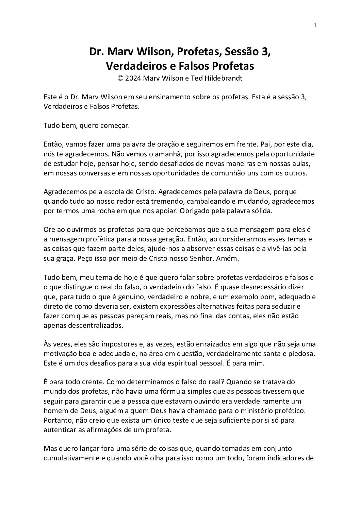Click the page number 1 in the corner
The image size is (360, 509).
[315, 25]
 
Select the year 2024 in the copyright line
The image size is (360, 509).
[133, 78]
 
